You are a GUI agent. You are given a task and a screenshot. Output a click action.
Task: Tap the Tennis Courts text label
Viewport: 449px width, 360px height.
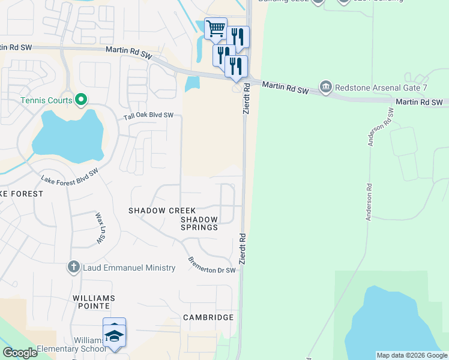[46, 100]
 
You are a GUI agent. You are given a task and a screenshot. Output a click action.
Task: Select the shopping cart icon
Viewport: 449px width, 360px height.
[215, 28]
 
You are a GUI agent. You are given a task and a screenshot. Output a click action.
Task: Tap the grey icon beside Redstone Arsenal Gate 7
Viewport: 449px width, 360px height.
[326, 87]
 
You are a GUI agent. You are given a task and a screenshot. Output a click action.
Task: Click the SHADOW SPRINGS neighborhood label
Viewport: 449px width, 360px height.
[199, 224]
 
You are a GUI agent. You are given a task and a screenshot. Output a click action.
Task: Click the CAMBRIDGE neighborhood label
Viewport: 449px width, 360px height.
[208, 317]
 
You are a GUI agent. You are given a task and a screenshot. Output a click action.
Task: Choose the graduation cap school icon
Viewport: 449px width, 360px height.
[114, 336]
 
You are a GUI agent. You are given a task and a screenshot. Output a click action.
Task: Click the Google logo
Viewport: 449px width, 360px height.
[20, 353]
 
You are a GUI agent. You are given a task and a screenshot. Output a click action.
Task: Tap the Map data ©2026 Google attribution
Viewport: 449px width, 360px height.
[412, 355]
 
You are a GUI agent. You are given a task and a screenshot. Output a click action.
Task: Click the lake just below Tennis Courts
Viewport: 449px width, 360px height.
[66, 138]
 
